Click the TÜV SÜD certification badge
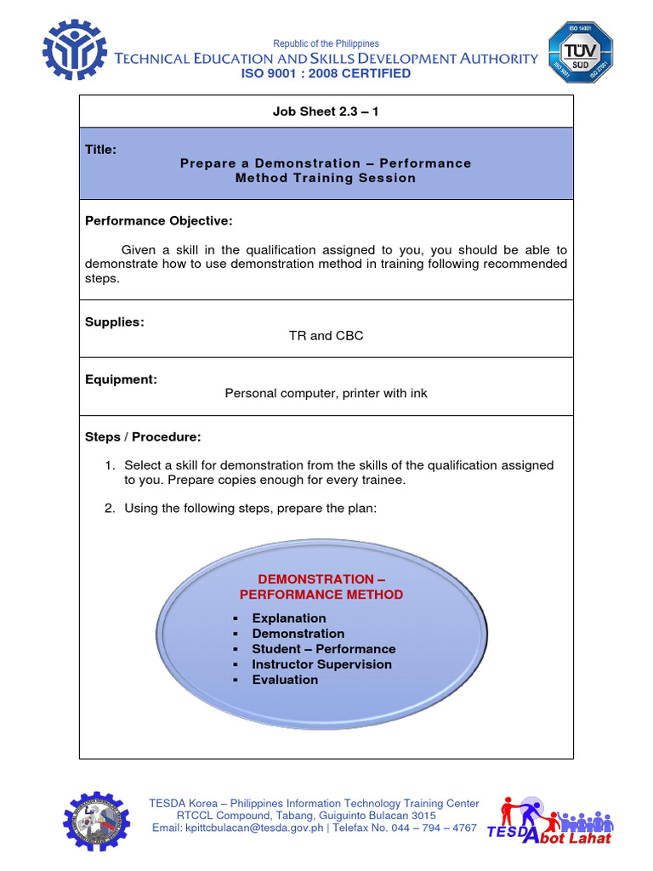click(579, 53)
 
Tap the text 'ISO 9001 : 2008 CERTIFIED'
click(326, 73)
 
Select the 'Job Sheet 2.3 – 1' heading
click(326, 111)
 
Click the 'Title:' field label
click(101, 150)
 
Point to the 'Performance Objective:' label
click(159, 221)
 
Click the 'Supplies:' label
click(115, 322)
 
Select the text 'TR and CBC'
click(326, 336)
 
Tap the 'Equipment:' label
click(121, 379)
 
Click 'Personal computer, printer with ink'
click(326, 393)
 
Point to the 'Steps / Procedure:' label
click(143, 437)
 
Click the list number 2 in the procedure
click(110, 509)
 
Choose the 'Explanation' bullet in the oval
click(288, 618)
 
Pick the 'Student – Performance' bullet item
click(323, 649)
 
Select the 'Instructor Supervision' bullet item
click(321, 664)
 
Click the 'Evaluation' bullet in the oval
click(285, 680)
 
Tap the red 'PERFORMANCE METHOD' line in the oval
click(321, 595)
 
